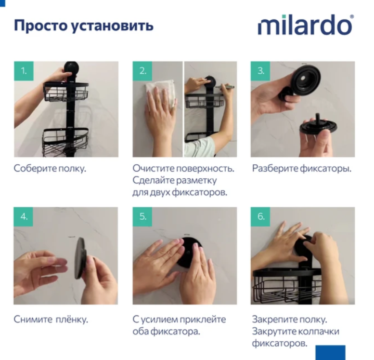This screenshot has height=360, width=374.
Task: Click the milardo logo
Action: (x=305, y=25)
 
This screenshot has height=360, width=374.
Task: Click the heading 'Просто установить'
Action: (x=83, y=25)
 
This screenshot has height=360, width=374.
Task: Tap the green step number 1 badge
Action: (x=24, y=71)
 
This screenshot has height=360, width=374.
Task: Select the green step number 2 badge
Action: (x=142, y=71)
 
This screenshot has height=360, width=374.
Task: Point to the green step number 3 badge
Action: (x=260, y=71)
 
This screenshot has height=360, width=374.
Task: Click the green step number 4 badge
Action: (x=24, y=217)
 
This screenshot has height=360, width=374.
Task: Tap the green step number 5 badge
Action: (x=142, y=217)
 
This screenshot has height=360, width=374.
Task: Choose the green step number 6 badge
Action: (x=260, y=217)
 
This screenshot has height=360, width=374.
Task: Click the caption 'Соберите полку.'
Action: (x=50, y=169)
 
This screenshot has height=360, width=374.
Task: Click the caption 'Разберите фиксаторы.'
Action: (x=301, y=169)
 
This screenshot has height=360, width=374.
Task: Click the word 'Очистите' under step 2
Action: (x=152, y=169)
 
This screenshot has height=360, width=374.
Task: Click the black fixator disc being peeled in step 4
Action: (x=79, y=257)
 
